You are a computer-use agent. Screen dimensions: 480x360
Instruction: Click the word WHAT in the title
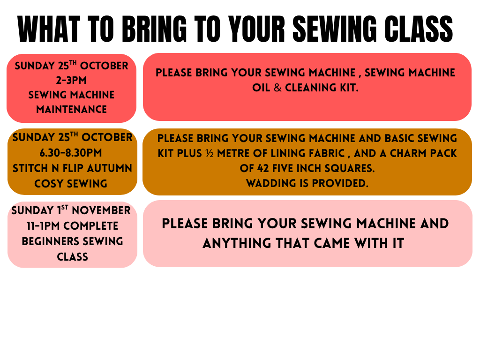coord(49,29)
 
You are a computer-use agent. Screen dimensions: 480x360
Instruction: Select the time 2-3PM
coord(71,80)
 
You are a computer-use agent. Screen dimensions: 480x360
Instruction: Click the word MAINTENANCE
coord(71,109)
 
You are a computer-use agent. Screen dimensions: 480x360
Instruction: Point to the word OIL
coord(261,88)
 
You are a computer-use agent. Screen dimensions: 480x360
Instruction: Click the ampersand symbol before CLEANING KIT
coord(277,88)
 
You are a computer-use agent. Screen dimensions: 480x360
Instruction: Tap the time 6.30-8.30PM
coord(71,153)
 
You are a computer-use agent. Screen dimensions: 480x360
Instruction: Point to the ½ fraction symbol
coord(210,153)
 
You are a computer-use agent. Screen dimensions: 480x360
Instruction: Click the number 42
coord(263,168)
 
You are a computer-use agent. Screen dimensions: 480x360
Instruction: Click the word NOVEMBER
coord(101,210)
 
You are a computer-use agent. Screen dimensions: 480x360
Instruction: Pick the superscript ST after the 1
coord(65,207)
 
